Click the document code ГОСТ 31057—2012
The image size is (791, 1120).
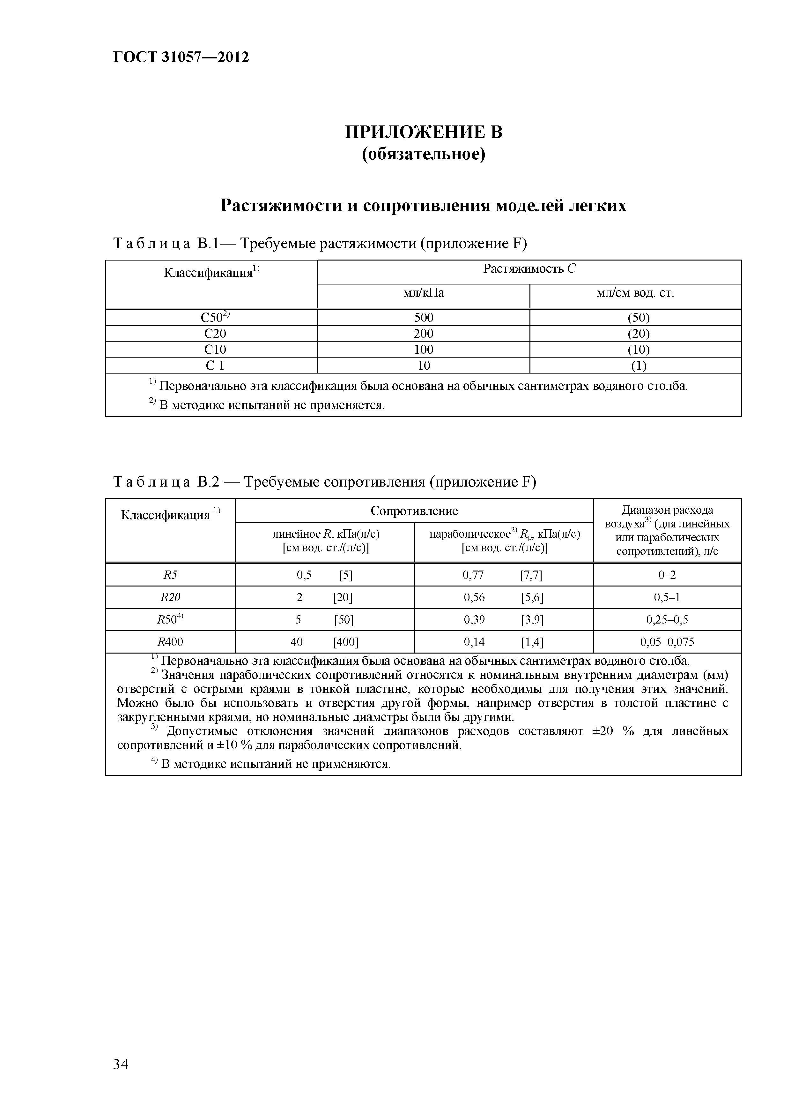[x=181, y=57]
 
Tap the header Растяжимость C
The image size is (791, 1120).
[x=529, y=269]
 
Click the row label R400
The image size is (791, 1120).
[x=170, y=642]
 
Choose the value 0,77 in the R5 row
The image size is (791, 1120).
[x=473, y=575]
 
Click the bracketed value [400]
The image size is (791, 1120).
[x=345, y=642]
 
